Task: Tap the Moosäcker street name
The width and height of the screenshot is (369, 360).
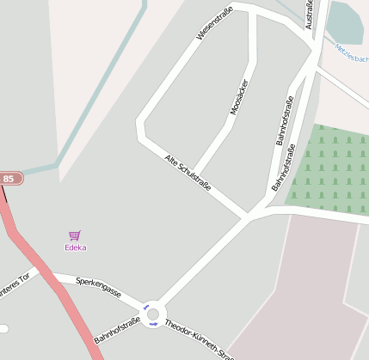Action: point(238,95)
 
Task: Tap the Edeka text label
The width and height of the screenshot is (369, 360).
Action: point(76,247)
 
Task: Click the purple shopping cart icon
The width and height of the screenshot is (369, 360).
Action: point(75,235)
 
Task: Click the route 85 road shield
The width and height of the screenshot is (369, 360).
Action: point(10,178)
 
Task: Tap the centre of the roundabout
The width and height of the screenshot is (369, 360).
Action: point(153,314)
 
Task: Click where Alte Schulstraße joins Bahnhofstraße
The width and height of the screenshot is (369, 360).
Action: point(249,216)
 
